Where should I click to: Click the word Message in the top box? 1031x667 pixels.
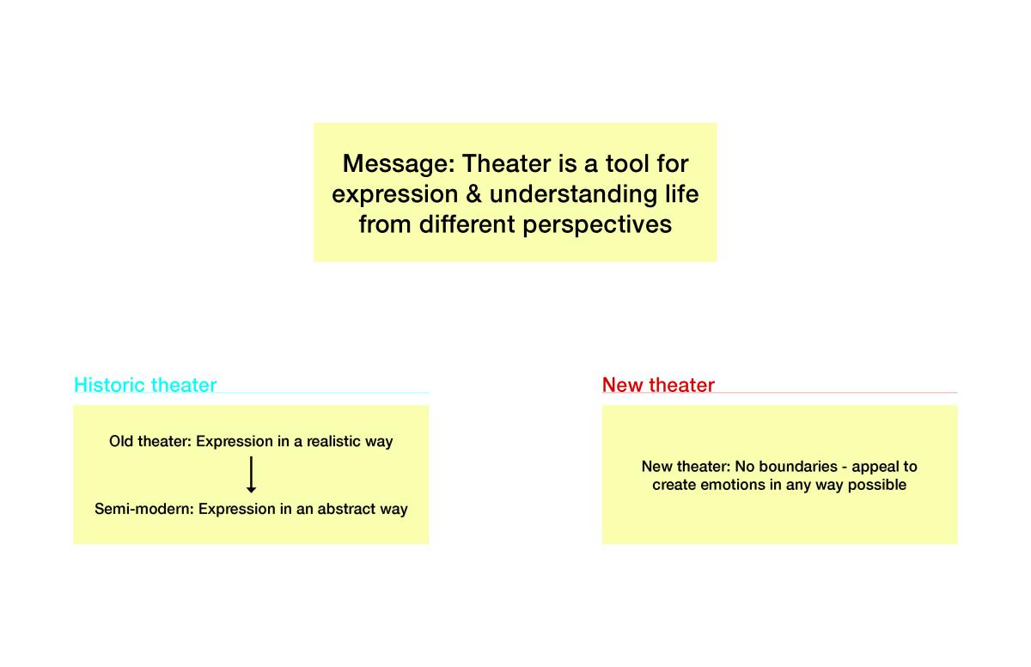pyautogui.click(x=399, y=164)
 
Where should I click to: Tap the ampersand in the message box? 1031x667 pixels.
pyautogui.click(x=473, y=193)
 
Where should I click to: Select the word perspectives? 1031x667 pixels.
pyautogui.click(x=597, y=225)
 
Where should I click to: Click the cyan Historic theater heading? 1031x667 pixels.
pyautogui.click(x=145, y=385)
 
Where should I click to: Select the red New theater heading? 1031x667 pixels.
pyautogui.click(x=658, y=385)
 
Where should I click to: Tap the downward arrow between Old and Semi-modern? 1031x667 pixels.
pyautogui.click(x=251, y=474)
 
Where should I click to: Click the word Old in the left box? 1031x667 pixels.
pyautogui.click(x=121, y=442)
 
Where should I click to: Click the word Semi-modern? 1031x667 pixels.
pyautogui.click(x=144, y=509)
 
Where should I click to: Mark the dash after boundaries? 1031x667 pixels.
pyautogui.click(x=844, y=468)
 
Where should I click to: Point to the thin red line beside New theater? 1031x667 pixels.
pyautogui.click(x=836, y=393)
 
